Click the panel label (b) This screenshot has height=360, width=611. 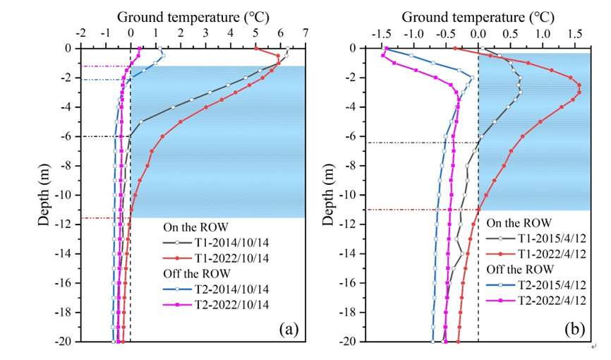576,329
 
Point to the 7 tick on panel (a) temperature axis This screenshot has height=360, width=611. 305,33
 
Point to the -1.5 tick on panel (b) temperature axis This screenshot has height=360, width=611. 383,33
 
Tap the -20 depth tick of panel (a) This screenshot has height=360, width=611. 67,342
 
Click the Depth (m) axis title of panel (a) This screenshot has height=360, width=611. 44,195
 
